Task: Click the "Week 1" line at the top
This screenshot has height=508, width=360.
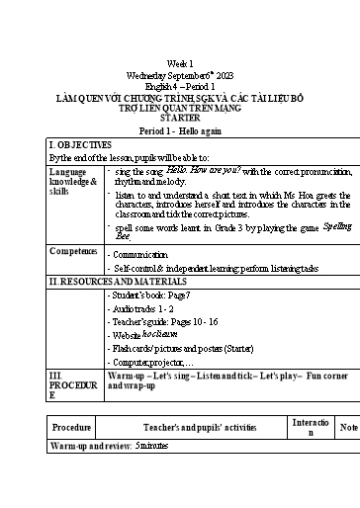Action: [x=180, y=62]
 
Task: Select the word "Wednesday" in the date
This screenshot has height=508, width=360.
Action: [x=148, y=75]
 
